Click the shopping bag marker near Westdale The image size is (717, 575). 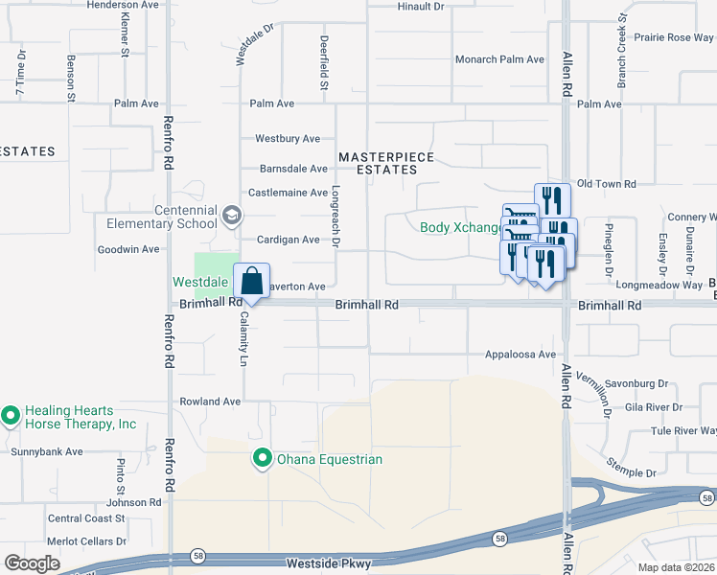pyautogui.click(x=251, y=282)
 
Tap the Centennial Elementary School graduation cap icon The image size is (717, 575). pyautogui.click(x=231, y=217)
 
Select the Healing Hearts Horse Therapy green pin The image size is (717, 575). pyautogui.click(x=11, y=416)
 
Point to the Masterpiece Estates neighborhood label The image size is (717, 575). pyautogui.click(x=386, y=163)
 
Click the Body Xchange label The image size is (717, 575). pyautogui.click(x=461, y=227)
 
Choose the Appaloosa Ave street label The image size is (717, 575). pyautogui.click(x=520, y=355)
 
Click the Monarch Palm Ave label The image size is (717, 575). pyautogui.click(x=499, y=59)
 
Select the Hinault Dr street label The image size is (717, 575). pyautogui.click(x=421, y=6)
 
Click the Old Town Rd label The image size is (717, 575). pyautogui.click(x=606, y=184)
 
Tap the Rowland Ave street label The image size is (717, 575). pyautogui.click(x=210, y=402)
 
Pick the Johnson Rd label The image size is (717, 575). pyautogui.click(x=133, y=502)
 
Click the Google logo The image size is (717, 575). pyautogui.click(x=32, y=563)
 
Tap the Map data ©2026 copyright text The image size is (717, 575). pyautogui.click(x=676, y=567)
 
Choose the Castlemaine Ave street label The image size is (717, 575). pyautogui.click(x=289, y=193)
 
